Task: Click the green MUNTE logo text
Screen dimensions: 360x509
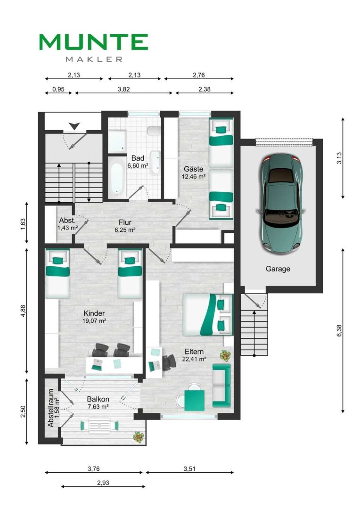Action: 93,42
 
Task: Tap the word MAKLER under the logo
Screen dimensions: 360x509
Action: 94,59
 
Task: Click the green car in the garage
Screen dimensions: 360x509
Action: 280,205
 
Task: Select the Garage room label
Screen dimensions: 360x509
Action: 278,269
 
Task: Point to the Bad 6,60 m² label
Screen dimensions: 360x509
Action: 138,162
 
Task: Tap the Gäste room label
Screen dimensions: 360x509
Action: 194,169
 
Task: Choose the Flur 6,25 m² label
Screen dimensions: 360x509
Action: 125,226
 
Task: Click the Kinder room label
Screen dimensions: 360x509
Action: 94,313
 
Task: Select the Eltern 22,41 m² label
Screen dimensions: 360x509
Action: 194,355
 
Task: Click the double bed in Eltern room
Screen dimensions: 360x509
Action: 208,314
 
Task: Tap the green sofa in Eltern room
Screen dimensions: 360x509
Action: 221,386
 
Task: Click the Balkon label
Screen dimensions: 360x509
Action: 98,399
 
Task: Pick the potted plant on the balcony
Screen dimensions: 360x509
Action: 139,437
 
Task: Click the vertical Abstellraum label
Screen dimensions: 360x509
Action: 50,408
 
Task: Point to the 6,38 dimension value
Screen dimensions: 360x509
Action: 339,330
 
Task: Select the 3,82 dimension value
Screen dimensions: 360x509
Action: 123,89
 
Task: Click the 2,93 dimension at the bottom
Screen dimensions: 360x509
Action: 103,483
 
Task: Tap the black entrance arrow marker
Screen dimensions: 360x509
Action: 74,126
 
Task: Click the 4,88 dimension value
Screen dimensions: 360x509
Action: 23,311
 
